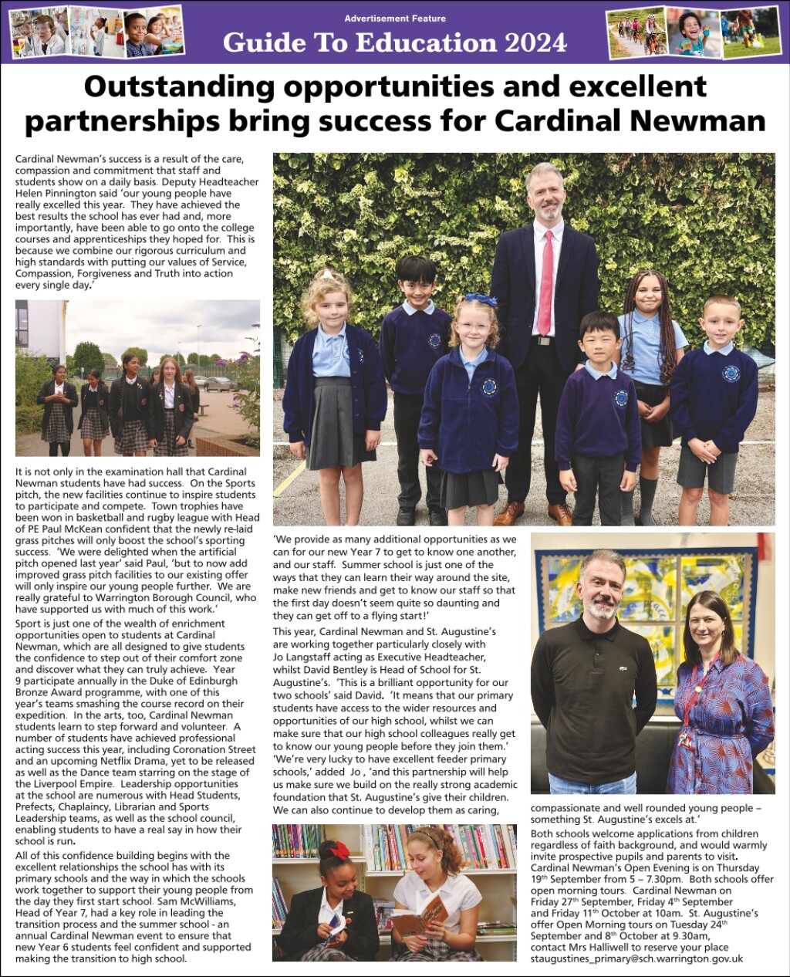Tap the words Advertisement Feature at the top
395,19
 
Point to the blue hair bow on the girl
480,299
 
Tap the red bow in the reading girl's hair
339,850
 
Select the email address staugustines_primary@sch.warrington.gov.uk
636,958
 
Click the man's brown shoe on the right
560,513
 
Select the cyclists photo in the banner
636,32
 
